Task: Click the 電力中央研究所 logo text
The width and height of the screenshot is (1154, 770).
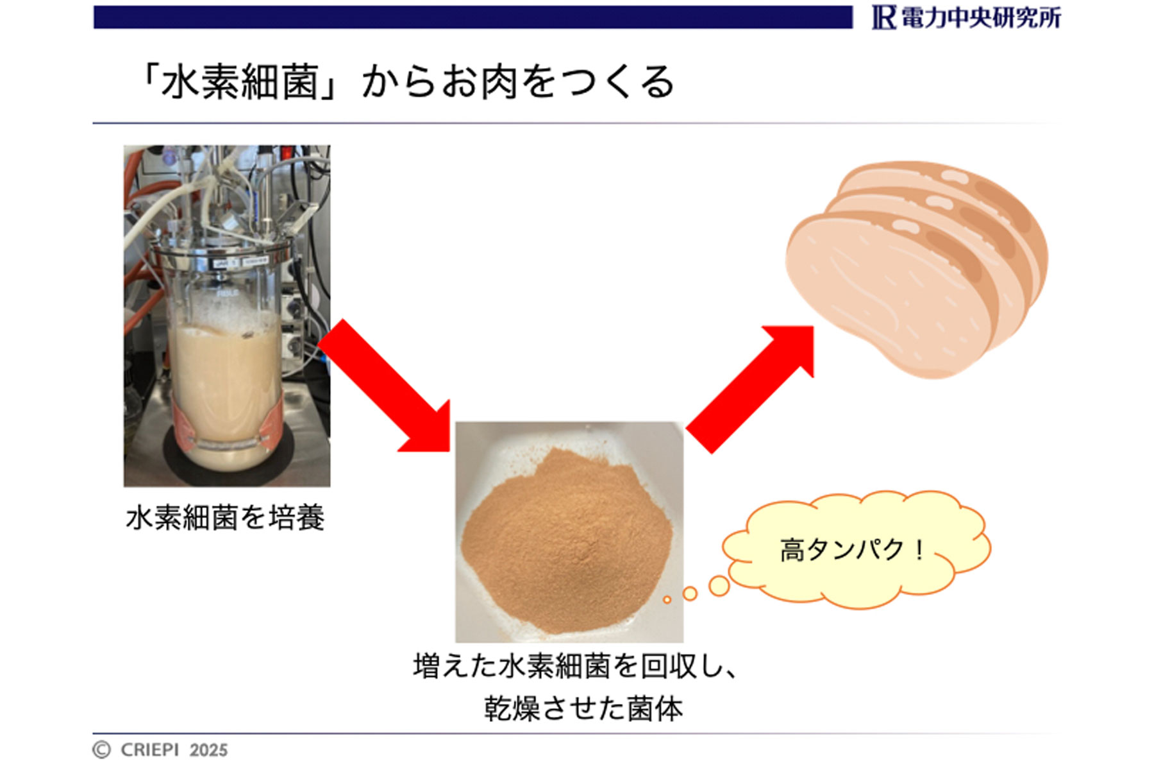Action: pos(981,18)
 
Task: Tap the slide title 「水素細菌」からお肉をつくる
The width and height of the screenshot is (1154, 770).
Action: pos(406,82)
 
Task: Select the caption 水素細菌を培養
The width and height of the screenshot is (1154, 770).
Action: pos(226,518)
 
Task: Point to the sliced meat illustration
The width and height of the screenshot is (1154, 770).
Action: pos(917,269)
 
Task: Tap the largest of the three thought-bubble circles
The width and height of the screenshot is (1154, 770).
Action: pos(719,585)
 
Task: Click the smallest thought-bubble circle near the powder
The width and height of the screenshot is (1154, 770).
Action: pos(667,600)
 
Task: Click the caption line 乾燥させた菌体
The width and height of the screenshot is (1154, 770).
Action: pos(583,709)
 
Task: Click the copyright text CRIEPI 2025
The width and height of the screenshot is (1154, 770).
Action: pos(174,750)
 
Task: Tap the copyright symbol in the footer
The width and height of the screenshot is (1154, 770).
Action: pos(101,750)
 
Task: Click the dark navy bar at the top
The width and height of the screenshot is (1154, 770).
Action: pos(473,17)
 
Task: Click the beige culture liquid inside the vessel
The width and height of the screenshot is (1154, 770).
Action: pos(224,391)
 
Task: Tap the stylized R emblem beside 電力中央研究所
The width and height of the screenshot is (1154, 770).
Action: pos(884,18)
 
